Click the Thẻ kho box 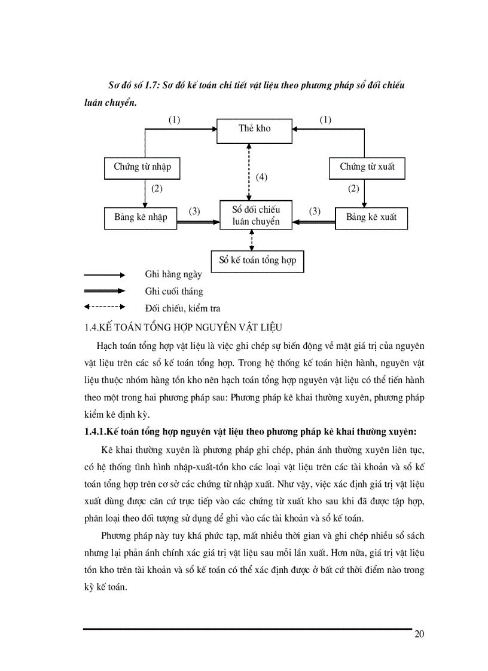254,128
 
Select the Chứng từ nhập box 142,167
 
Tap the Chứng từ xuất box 367,167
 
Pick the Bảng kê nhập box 141,217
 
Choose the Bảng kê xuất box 371,217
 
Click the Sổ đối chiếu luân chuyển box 255,215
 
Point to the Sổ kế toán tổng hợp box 257,261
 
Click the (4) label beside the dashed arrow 261,177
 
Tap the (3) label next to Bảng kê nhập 194,211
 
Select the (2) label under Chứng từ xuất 353,189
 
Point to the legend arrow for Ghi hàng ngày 105,275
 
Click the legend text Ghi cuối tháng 173,292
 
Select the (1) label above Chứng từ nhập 174,120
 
